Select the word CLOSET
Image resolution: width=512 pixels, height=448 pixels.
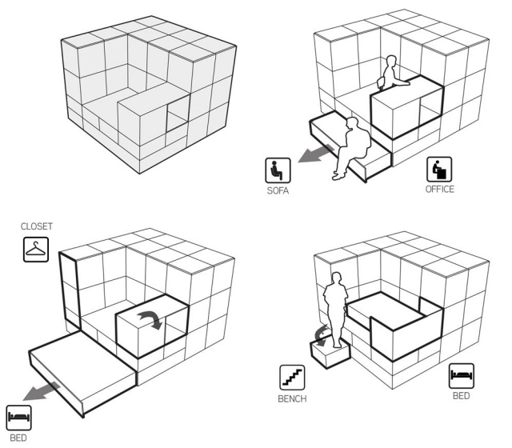[x=38, y=227]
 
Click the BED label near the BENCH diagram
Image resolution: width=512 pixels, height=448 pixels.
[x=461, y=394]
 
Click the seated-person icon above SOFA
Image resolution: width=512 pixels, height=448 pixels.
[x=277, y=170]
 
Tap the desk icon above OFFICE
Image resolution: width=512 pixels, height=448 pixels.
[x=441, y=169]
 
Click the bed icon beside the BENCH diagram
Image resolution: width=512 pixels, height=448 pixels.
[x=461, y=374]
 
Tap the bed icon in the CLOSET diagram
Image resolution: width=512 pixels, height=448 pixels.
[x=18, y=416]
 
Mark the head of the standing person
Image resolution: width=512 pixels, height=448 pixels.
[x=335, y=280]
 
